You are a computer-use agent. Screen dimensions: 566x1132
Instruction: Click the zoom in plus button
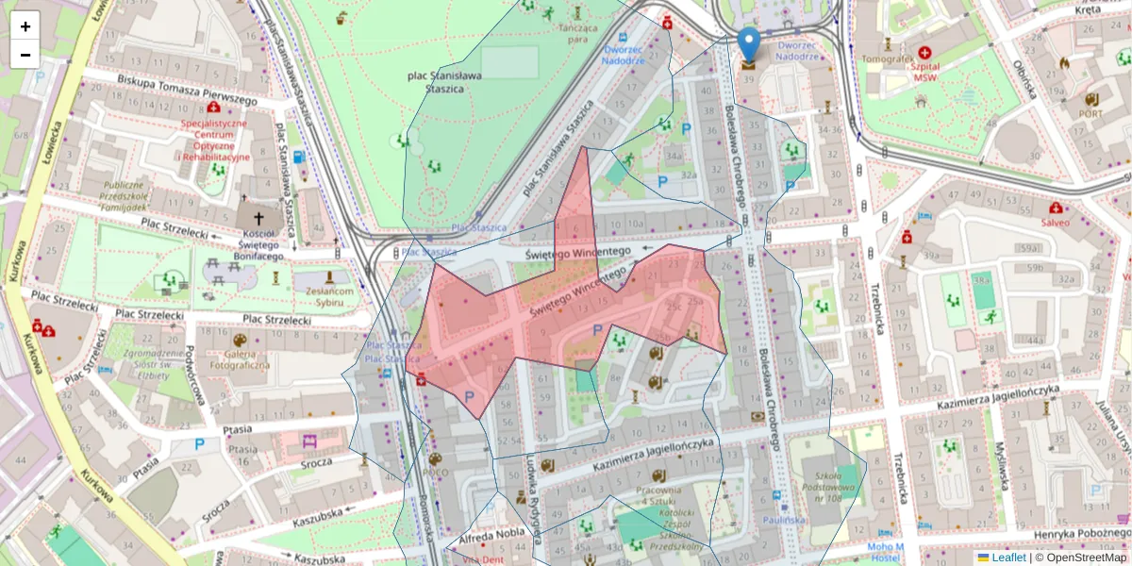[25, 26]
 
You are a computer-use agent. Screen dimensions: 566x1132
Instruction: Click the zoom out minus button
[25, 54]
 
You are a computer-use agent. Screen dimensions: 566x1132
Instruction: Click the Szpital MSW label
[924, 73]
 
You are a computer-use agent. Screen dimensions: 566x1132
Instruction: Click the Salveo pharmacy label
[1056, 223]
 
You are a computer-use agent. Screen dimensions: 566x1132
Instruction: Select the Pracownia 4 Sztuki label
[658, 496]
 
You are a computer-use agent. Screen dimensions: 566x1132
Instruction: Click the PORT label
[1090, 113]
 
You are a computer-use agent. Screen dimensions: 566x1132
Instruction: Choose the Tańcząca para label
[577, 34]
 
